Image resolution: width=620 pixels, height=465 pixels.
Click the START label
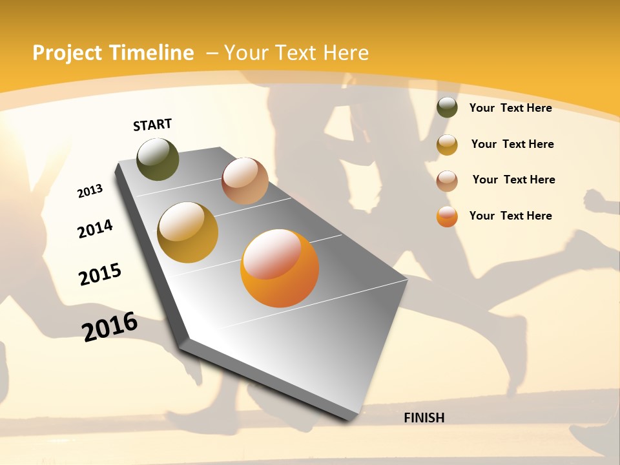152,124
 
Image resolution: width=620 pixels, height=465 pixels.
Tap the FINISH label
424,418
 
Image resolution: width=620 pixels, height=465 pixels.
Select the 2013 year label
90,191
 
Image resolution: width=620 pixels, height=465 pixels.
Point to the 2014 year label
95,229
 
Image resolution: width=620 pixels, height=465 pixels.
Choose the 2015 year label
100,274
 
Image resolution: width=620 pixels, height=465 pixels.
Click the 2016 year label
110,326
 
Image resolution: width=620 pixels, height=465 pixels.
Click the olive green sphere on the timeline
158,159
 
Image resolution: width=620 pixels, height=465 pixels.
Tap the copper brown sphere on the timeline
245,181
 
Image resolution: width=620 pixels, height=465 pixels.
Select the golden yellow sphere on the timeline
187,232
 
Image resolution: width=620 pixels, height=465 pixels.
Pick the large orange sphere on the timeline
280,268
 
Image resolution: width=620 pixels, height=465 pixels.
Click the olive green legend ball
447,107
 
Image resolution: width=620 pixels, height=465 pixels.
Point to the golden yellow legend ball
447,145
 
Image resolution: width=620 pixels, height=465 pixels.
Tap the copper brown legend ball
447,181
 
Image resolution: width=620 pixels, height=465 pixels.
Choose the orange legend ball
447,216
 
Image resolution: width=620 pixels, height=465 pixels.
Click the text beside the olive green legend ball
510,108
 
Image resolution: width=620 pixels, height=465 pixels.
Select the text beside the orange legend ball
510,216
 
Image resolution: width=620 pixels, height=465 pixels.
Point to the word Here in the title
346,53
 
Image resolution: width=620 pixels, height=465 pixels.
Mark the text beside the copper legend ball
513,180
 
